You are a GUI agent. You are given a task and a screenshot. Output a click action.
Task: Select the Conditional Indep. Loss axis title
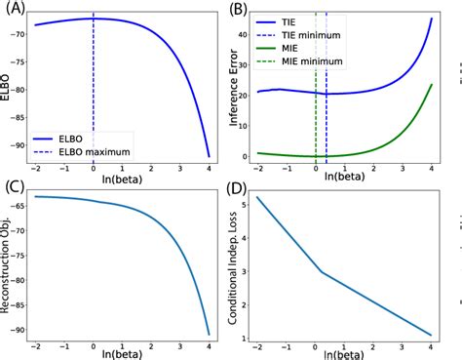point(237,263)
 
